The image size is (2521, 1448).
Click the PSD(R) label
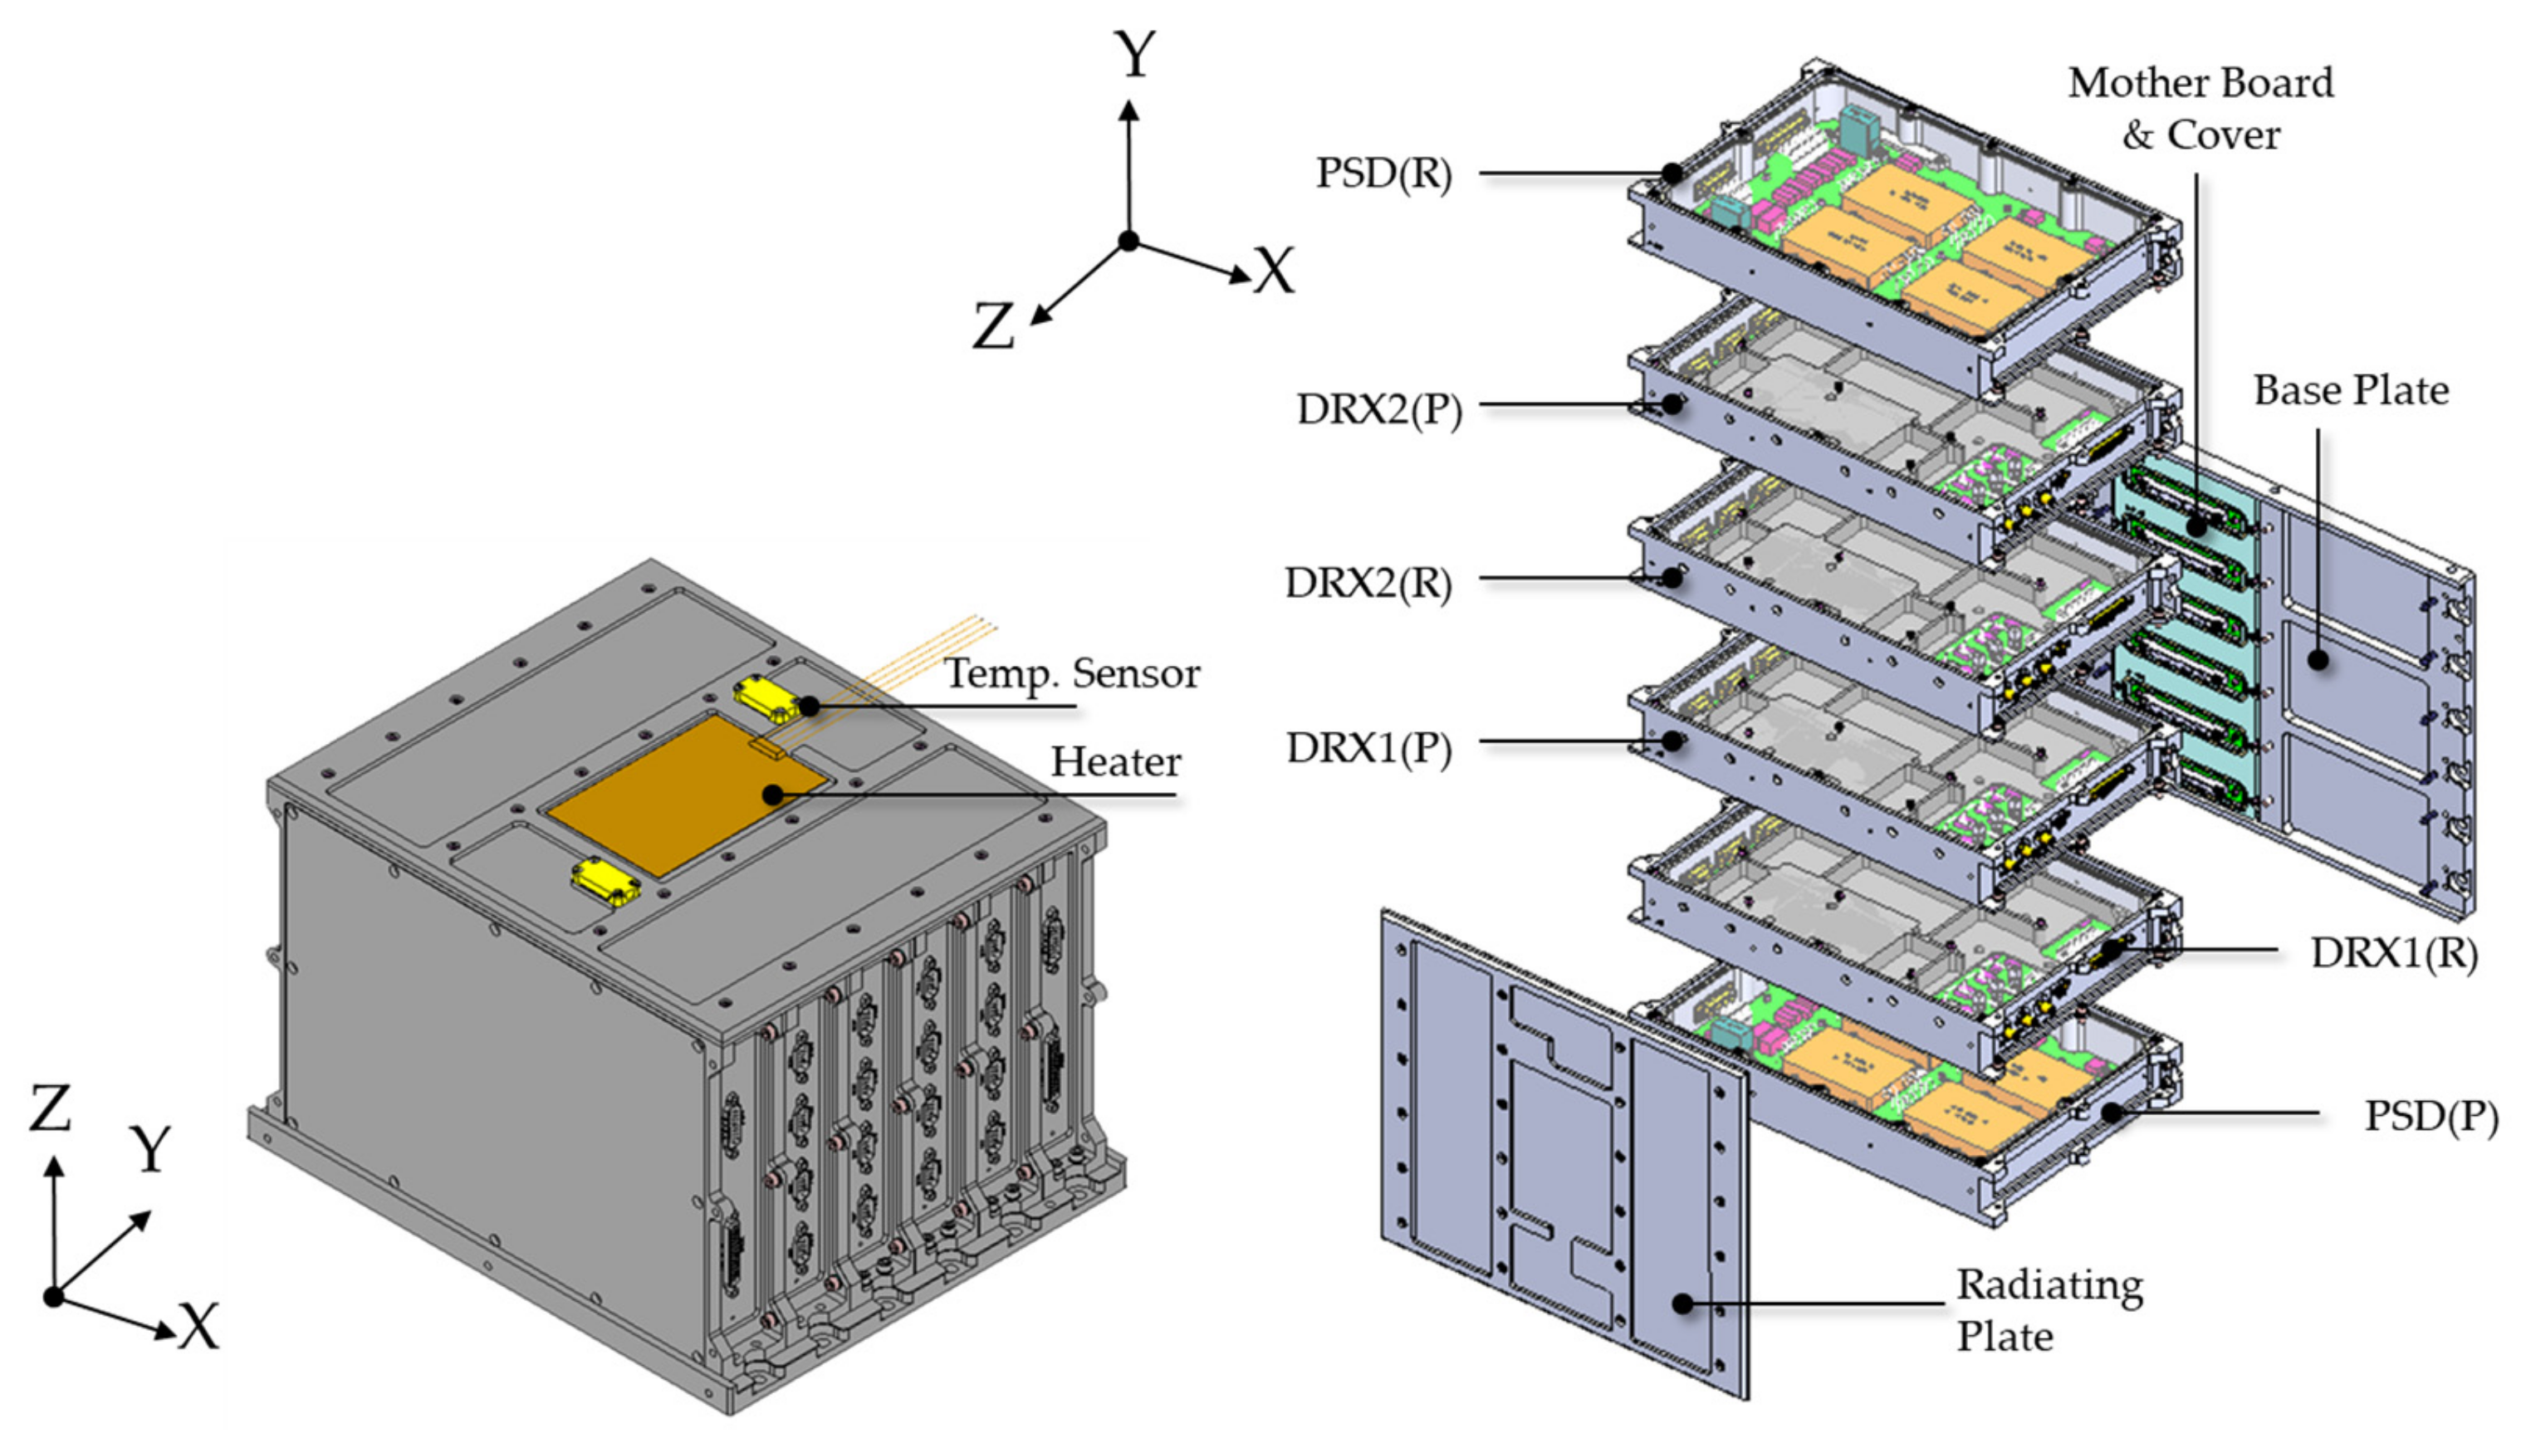pos(1383,174)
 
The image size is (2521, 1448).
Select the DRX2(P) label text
pos(1378,408)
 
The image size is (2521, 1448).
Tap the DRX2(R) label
pos(1368,583)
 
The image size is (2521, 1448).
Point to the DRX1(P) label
pos(1369,748)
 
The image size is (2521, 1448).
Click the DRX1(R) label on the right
pos(2394,952)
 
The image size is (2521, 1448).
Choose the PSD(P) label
pos(2430,1116)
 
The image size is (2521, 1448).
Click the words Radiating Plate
pos(2049,1311)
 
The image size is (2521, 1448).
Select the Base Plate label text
pos(2350,391)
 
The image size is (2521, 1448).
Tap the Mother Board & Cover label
pos(2200,109)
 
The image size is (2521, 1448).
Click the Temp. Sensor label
pos(1072,674)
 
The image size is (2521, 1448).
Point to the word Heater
pos(1116,763)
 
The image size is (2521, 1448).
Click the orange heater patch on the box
pos(686,795)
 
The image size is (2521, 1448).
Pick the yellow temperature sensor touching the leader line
pos(768,698)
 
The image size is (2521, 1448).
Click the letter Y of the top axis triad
pos(1134,54)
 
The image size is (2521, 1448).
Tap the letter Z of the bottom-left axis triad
pos(50,1110)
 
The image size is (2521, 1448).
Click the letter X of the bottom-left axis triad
pos(198,1327)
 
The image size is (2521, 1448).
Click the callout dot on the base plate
pos(2318,659)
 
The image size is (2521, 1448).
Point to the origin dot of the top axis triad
pos(1128,241)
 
